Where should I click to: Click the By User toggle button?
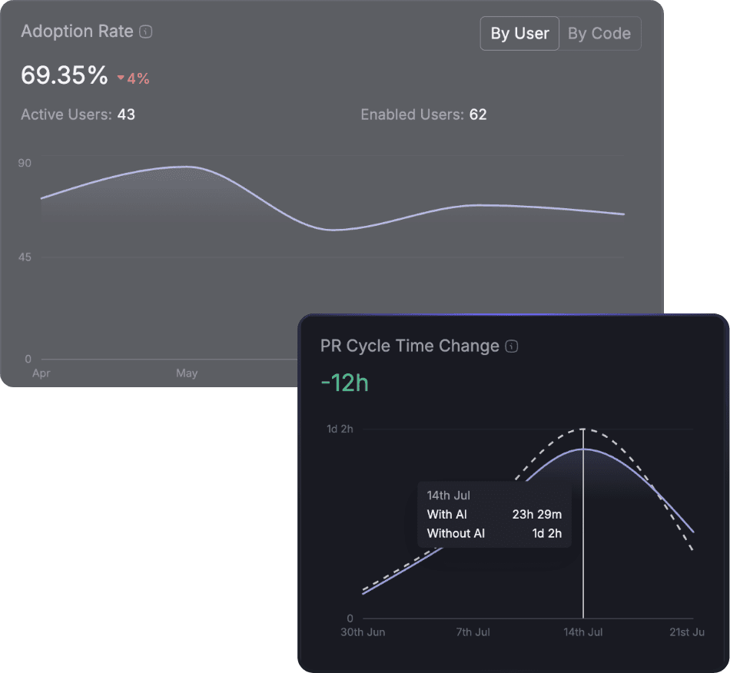coord(519,34)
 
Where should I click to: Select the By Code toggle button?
coord(599,34)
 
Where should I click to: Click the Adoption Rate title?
coord(77,31)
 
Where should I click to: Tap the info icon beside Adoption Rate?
coord(146,32)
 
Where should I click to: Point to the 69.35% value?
coord(64,75)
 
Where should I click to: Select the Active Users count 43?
coord(126,114)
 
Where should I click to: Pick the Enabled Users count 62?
coord(478,114)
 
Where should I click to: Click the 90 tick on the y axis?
coord(25,163)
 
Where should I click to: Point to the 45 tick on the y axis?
coord(25,257)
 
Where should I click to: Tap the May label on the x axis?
coord(187,373)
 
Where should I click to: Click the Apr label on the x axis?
coord(41,373)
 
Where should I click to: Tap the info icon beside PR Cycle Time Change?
coord(512,346)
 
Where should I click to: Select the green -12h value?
coord(344,383)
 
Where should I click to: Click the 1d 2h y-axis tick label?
coord(340,429)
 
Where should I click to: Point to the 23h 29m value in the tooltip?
coord(536,515)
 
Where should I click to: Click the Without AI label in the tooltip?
coord(456,533)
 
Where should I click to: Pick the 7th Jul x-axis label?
coord(473,632)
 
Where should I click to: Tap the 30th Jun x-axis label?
coord(363,632)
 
